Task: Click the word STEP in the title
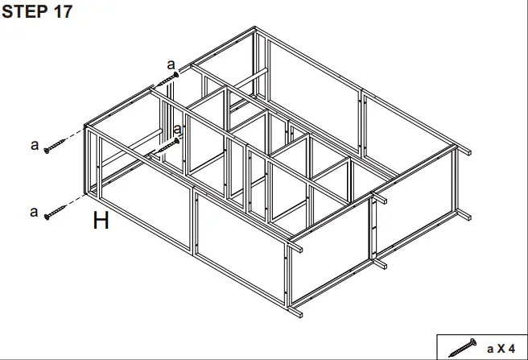[x=24, y=13]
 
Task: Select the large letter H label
[x=100, y=220]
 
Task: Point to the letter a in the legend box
[x=490, y=348]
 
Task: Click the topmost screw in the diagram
[x=165, y=81]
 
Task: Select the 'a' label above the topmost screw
[x=170, y=64]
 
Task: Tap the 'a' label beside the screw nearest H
[x=34, y=213]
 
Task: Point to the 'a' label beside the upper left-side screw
[x=34, y=145]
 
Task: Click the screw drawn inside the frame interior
[x=165, y=147]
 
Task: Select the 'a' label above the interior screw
[x=177, y=129]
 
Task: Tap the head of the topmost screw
[x=175, y=76]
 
